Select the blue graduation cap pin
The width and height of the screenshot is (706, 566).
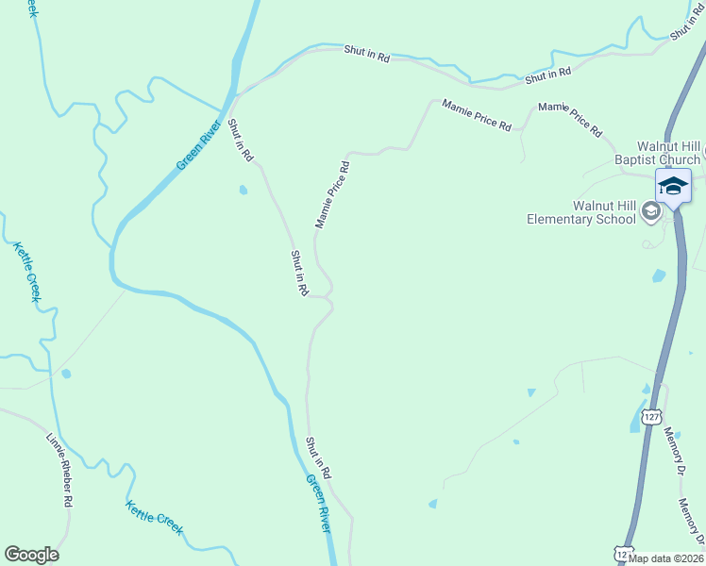click(x=673, y=185)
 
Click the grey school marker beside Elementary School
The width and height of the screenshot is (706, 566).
click(x=650, y=212)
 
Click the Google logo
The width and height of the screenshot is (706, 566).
click(x=31, y=555)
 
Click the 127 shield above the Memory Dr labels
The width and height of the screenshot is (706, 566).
click(x=651, y=416)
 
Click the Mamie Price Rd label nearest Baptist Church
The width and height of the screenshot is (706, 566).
click(x=570, y=120)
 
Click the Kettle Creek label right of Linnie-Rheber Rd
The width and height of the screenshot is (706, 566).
click(x=154, y=517)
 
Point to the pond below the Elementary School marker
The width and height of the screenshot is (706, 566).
click(x=659, y=275)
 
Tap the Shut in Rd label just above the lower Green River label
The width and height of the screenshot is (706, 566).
click(x=319, y=458)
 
